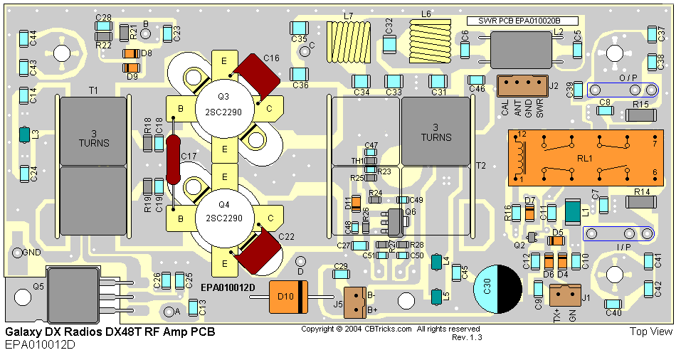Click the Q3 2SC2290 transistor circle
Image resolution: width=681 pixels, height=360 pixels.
click(224, 107)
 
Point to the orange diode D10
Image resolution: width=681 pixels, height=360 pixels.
click(287, 297)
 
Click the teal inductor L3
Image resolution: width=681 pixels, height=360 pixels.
click(24, 134)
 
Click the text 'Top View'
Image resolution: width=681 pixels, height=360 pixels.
click(650, 332)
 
